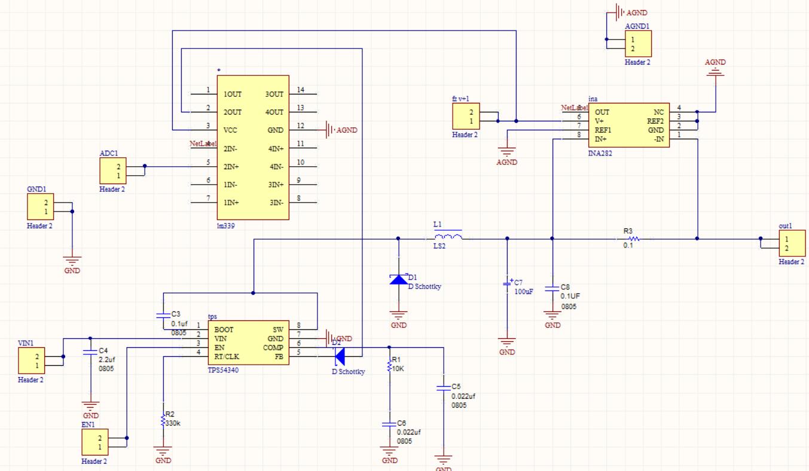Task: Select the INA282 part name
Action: pos(601,154)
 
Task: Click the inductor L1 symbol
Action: pos(447,238)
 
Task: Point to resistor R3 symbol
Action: pos(633,238)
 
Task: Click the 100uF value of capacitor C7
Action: pos(523,291)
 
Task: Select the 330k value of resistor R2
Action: pos(174,423)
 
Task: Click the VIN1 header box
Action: pos(32,361)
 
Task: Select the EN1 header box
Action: pos(95,442)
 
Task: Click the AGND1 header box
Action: pos(638,44)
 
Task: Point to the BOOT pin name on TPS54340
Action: pos(224,329)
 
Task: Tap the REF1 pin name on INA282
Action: pos(603,130)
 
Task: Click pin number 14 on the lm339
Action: pos(300,90)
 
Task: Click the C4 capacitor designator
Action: pos(103,350)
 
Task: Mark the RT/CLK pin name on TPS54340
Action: pos(228,356)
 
